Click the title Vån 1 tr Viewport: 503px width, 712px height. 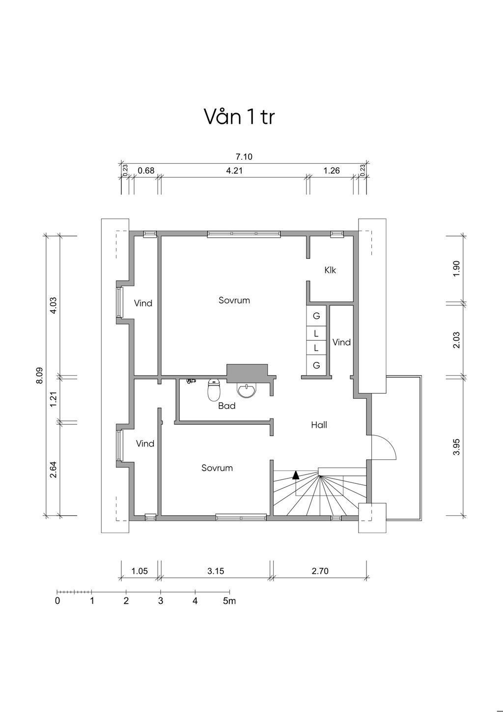click(x=239, y=117)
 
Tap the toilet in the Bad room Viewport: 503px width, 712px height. click(x=214, y=390)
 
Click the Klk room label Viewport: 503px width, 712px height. click(x=330, y=270)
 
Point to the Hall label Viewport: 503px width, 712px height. click(x=319, y=425)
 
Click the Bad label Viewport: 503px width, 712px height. click(x=227, y=406)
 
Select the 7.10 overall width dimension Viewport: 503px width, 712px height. click(x=244, y=157)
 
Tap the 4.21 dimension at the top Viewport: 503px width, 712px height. click(x=235, y=171)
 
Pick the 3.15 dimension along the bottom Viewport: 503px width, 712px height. click(x=216, y=571)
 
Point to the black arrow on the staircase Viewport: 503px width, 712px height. click(x=296, y=475)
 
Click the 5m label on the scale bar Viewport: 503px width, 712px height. click(x=229, y=601)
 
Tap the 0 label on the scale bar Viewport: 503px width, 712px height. click(x=57, y=601)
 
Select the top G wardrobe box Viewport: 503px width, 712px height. click(x=316, y=316)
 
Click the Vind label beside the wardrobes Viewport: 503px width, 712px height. click(x=341, y=342)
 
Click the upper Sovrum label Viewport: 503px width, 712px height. click(x=234, y=300)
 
